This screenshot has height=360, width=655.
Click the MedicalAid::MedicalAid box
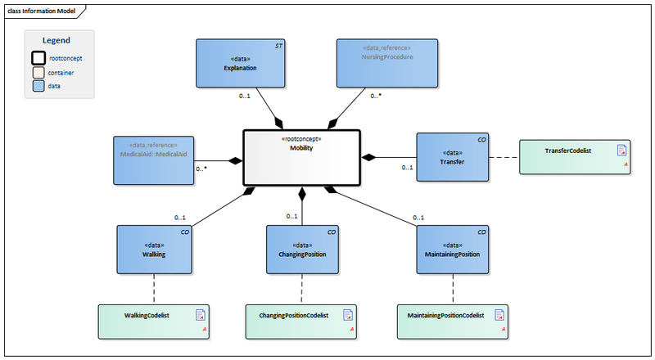coord(153,159)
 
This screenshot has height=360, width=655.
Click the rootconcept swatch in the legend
coord(38,58)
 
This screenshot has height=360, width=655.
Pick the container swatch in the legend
coord(38,72)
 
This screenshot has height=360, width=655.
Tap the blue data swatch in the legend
coord(38,84)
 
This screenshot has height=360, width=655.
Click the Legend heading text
coord(56,40)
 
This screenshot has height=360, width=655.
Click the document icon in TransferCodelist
coord(621,150)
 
